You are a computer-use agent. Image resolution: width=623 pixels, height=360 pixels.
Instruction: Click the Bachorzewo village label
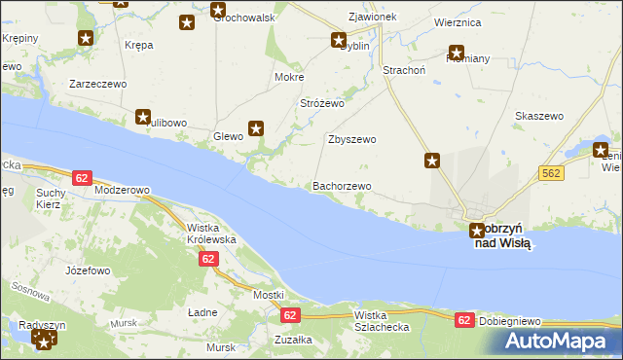(341, 186)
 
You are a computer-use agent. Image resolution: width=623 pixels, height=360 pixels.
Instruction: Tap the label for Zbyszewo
(351, 139)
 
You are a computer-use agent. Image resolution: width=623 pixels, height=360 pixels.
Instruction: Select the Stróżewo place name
(323, 102)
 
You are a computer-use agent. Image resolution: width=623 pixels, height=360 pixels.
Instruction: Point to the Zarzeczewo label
(98, 85)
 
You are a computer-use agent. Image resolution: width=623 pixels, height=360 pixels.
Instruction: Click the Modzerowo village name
(122, 191)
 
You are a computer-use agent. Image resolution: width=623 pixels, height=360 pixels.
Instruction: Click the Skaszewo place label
(539, 116)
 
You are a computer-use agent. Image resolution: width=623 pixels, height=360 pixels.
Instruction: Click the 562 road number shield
(552, 172)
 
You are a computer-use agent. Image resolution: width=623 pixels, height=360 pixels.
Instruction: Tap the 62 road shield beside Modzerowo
(82, 178)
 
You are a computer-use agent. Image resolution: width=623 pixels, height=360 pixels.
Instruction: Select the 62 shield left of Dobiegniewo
(465, 319)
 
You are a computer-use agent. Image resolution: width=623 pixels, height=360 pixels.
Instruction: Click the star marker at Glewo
(256, 127)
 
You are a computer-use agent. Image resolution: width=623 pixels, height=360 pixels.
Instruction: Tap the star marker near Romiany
(455, 54)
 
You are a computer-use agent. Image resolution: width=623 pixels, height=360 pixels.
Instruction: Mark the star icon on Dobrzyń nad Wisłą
(476, 231)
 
